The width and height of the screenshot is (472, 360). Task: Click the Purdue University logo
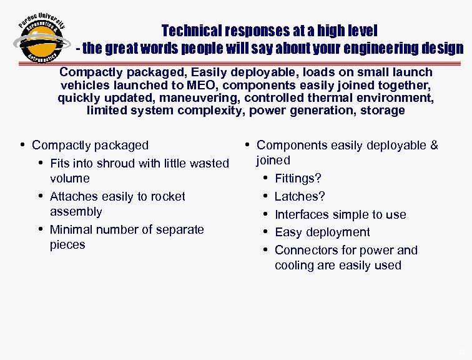pos(39,39)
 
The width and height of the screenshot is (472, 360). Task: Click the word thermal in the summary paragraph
pos(342,97)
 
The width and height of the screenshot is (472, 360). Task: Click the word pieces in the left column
pos(67,244)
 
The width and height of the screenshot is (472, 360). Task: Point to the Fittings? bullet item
pos(298,179)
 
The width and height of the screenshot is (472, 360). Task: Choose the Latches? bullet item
pos(300,196)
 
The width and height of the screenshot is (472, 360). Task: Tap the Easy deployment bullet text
pos(322,232)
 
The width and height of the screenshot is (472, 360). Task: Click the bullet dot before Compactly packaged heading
pos(22,145)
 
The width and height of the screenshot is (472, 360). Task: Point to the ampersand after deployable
pos(433,146)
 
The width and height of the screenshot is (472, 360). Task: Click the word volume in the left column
pos(69,178)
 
